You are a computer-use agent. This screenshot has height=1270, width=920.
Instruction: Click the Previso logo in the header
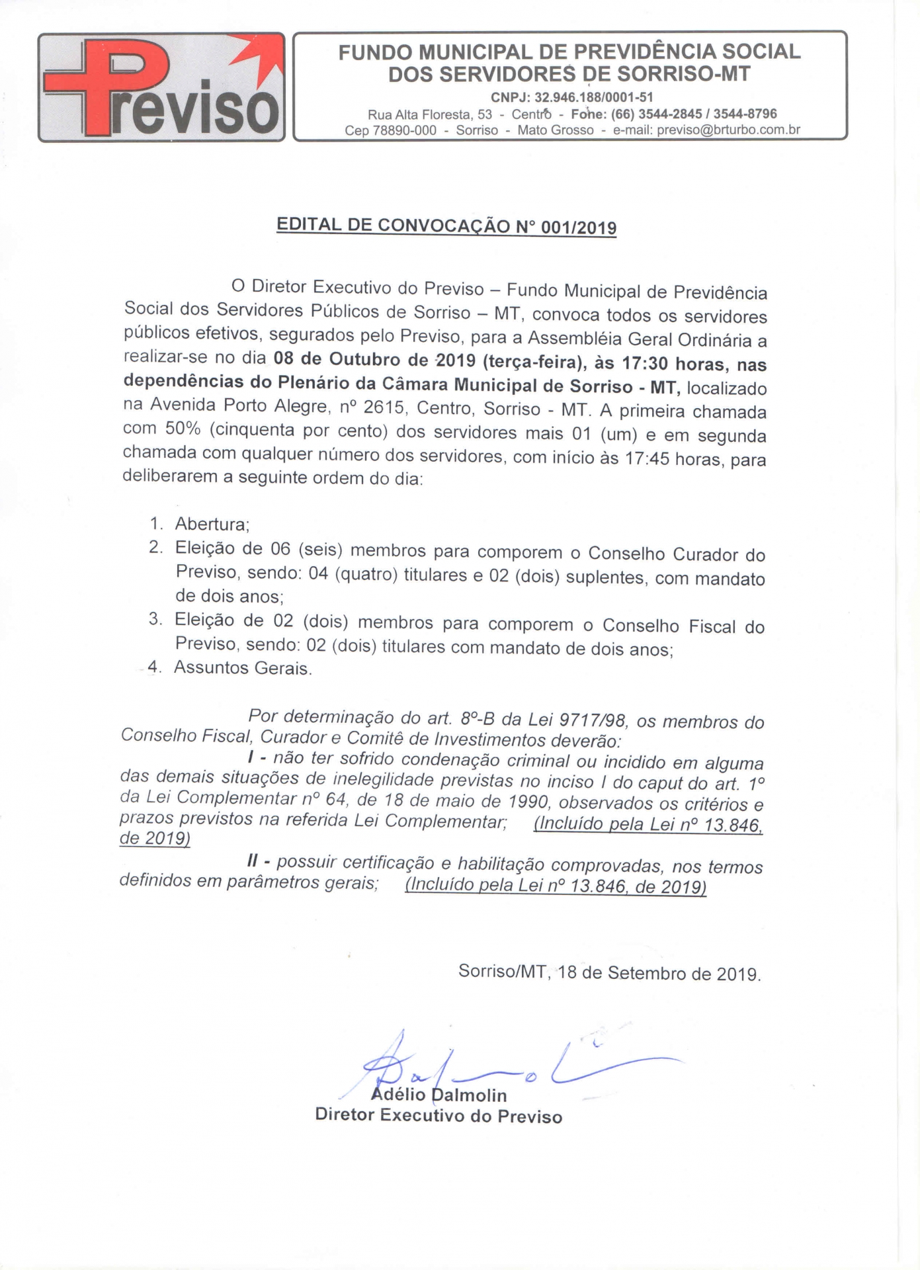click(161, 87)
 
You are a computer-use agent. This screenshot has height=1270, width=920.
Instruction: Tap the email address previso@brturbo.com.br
click(728, 130)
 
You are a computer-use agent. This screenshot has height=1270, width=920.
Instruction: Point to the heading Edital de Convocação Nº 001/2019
click(446, 226)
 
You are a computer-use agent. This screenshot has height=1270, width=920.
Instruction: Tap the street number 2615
click(383, 407)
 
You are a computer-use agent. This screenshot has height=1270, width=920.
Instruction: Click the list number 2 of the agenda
click(155, 548)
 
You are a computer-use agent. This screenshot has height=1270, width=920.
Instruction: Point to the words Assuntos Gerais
click(242, 668)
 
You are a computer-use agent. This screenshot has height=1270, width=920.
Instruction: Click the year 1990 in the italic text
click(526, 802)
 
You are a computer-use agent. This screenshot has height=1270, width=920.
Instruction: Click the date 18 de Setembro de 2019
click(659, 974)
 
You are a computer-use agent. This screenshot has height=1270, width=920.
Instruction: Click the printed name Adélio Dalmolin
click(439, 1095)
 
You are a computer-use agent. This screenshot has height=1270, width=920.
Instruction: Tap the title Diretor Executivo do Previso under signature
click(439, 1116)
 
